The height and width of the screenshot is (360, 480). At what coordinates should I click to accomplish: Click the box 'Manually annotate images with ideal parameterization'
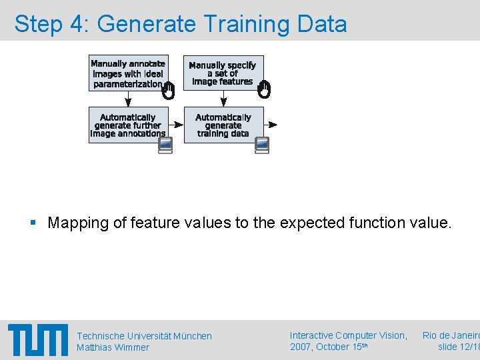[128, 73]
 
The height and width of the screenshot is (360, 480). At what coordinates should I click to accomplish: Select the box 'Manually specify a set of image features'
[223, 73]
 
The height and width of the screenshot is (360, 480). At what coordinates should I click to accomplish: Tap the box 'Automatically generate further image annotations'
[128, 125]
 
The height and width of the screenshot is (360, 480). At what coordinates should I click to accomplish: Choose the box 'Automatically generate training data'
[223, 125]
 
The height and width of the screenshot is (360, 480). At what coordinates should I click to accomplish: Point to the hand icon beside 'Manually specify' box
[264, 90]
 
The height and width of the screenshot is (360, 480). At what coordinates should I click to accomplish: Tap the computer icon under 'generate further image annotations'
[166, 145]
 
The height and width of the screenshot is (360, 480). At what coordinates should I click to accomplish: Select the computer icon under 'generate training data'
[262, 145]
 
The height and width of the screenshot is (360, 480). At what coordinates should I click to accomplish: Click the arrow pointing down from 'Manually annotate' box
[128, 99]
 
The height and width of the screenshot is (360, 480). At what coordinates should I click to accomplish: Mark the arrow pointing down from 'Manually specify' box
[223, 99]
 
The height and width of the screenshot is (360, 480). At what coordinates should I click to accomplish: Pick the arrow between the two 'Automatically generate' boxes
[176, 125]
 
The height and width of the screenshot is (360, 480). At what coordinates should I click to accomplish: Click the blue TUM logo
[38, 340]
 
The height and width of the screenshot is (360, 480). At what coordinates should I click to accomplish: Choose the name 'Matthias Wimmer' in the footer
[113, 347]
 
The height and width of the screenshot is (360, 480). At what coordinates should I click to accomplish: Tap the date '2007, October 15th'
[329, 347]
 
